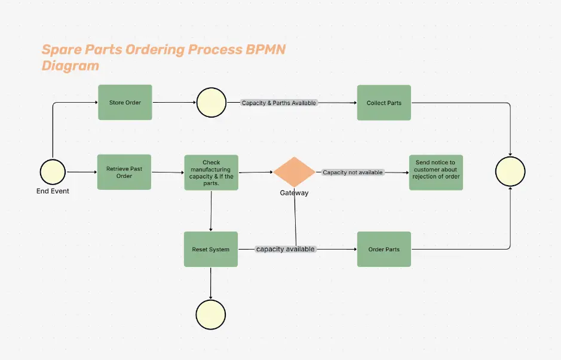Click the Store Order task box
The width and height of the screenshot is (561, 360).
[125, 102]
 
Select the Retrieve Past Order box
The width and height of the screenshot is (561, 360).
[124, 173]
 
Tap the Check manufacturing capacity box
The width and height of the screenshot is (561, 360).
[211, 173]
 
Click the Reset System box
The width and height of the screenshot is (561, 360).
[210, 249]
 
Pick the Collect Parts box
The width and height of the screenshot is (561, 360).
[384, 103]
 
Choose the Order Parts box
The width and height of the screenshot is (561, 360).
[384, 249]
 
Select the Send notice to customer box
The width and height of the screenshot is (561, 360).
[436, 173]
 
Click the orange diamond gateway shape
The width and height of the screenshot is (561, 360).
[294, 172]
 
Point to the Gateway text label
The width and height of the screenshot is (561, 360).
[294, 193]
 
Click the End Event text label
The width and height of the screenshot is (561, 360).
[53, 191]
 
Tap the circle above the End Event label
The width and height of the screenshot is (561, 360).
[53, 172]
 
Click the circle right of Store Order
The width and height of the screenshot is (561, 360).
[211, 103]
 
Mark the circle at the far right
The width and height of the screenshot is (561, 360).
[510, 172]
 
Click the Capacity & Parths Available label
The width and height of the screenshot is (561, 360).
[278, 103]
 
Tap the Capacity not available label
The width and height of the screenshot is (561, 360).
[352, 173]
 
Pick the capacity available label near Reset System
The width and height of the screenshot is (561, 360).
[285, 249]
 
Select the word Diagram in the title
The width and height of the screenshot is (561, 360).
[70, 66]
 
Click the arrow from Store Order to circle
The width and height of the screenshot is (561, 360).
[174, 103]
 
